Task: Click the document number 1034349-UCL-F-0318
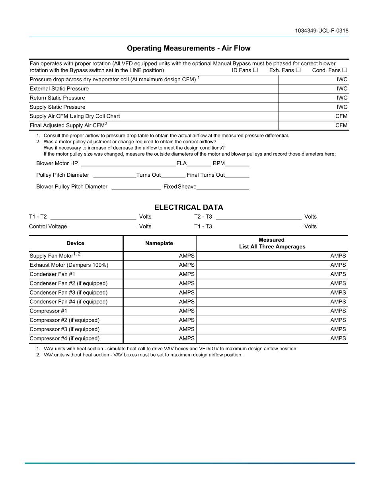(322, 31)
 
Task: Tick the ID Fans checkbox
(255, 70)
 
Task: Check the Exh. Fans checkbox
(298, 70)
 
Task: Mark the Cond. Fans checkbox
(345, 70)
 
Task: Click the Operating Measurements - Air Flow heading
(189, 48)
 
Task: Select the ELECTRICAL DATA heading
(189, 207)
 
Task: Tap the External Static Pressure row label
(59, 89)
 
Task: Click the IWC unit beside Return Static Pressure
(342, 98)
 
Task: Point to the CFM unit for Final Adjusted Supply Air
(341, 125)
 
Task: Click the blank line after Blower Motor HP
(128, 164)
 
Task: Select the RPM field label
(218, 164)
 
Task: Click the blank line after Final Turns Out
(237, 175)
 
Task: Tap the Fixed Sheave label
(180, 187)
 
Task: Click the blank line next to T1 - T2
(93, 217)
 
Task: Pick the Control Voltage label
(48, 226)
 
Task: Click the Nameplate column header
(159, 243)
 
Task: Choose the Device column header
(75, 243)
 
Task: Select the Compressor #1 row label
(49, 311)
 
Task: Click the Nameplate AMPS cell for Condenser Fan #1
(160, 274)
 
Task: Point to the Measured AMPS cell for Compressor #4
(272, 339)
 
